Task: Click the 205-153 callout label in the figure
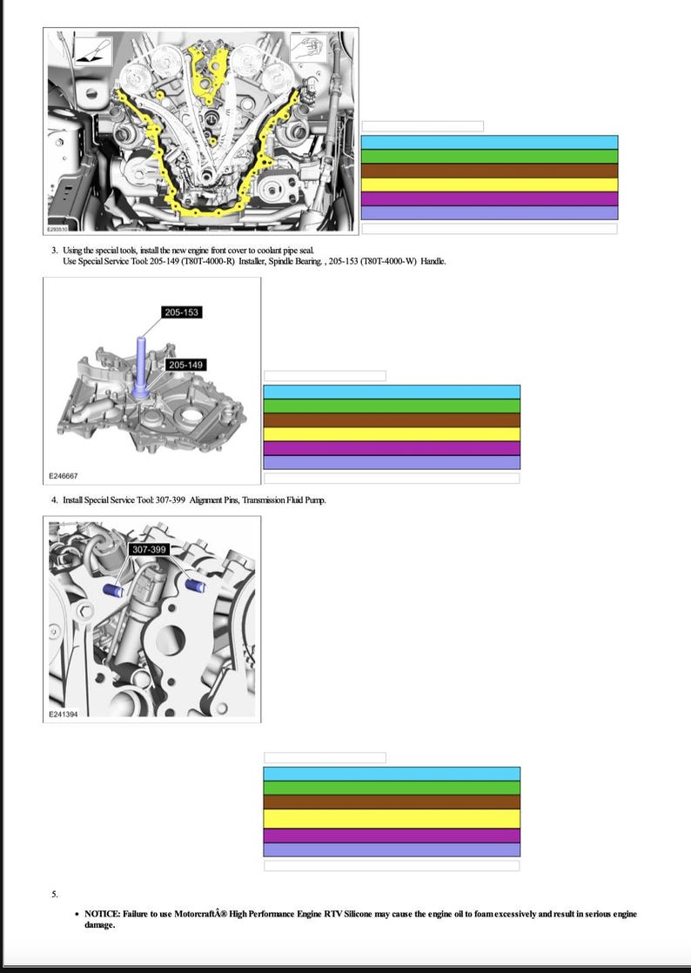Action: [x=181, y=312]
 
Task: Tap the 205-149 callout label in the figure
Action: [x=185, y=365]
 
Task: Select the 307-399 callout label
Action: [x=149, y=549]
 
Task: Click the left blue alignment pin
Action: [x=113, y=589]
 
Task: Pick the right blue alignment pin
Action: [x=196, y=585]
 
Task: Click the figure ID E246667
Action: [x=64, y=476]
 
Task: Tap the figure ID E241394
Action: [x=64, y=715]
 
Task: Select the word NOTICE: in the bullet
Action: [x=103, y=914]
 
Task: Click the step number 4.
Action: [x=55, y=500]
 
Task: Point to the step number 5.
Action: [x=55, y=894]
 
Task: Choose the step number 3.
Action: [x=55, y=250]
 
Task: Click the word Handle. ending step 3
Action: [x=433, y=261]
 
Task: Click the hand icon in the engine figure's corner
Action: [x=308, y=49]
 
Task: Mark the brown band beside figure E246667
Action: [x=392, y=420]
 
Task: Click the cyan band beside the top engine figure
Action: [x=489, y=143]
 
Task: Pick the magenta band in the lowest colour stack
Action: [x=392, y=835]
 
